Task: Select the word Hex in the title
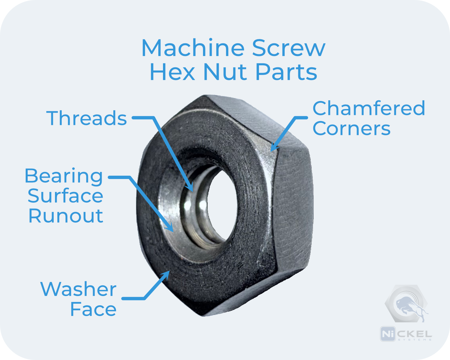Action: pyautogui.click(x=172, y=72)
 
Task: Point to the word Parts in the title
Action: pyautogui.click(x=286, y=72)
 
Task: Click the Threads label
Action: pyautogui.click(x=87, y=118)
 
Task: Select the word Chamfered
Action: pyautogui.click(x=369, y=108)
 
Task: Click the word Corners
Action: pyautogui.click(x=351, y=129)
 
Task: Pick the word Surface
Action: pyautogui.click(x=65, y=196)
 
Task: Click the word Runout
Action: pyautogui.click(x=66, y=216)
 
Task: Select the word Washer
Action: pyautogui.click(x=78, y=289)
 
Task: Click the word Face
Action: pyautogui.click(x=93, y=309)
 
